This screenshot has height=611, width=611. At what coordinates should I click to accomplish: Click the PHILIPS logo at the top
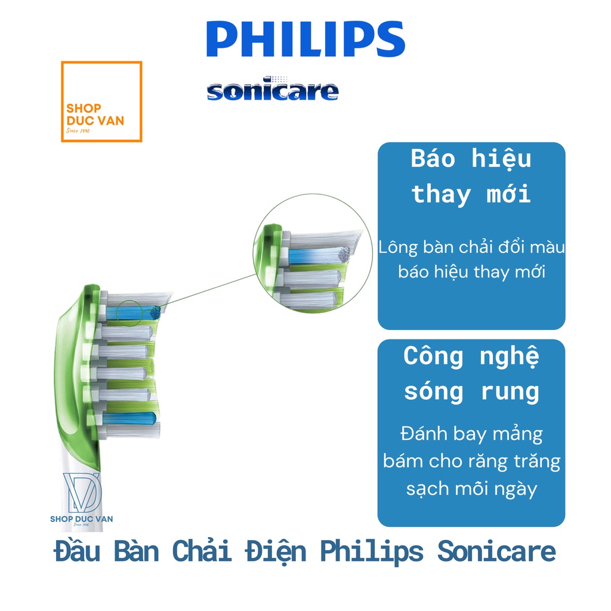pyautogui.click(x=305, y=39)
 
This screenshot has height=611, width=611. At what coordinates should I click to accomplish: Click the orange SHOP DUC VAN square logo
pyautogui.click(x=101, y=101)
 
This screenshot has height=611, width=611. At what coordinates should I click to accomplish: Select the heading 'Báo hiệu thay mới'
pyautogui.click(x=471, y=176)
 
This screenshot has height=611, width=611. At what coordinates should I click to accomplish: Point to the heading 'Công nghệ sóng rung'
pyautogui.click(x=471, y=374)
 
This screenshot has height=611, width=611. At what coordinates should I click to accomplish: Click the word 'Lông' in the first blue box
pyautogui.click(x=398, y=248)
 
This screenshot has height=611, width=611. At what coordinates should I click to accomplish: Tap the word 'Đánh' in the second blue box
pyautogui.click(x=424, y=433)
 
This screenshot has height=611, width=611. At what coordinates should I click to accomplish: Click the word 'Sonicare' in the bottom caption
pyautogui.click(x=496, y=552)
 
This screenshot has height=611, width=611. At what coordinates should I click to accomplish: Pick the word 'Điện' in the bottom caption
pyautogui.click(x=276, y=552)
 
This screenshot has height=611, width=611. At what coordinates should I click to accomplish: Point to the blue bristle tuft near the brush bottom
pyautogui.click(x=129, y=418)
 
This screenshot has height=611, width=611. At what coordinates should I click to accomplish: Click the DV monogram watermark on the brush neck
pyautogui.click(x=82, y=492)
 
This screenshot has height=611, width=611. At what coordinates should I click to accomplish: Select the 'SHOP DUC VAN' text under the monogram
pyautogui.click(x=81, y=519)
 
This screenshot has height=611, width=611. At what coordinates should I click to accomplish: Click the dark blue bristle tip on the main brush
pyautogui.click(x=155, y=311)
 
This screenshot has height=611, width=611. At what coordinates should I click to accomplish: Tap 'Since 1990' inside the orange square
pyautogui.click(x=78, y=131)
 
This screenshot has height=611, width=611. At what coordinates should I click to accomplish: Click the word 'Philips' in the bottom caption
pyautogui.click(x=371, y=553)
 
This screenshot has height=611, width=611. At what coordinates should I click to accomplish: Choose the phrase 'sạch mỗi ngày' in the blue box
pyautogui.click(x=471, y=489)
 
